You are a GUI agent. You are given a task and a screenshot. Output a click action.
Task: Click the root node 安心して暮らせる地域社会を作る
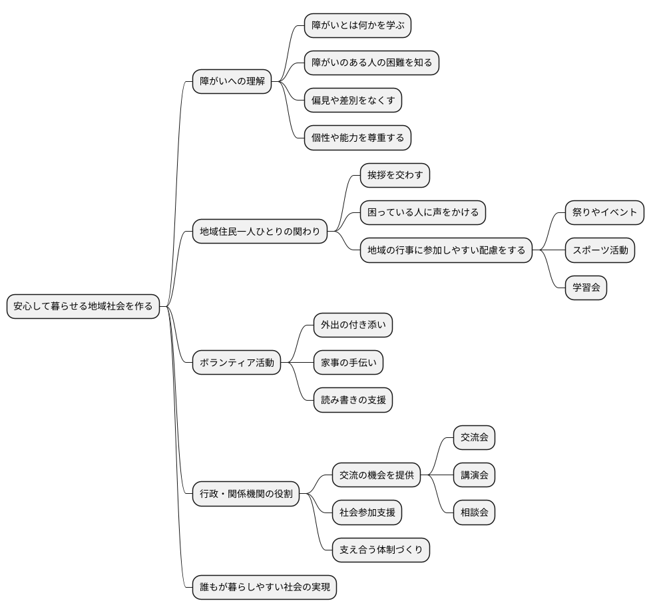pyautogui.click(x=83, y=306)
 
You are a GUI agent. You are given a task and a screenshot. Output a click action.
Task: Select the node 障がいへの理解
pyautogui.click(x=232, y=81)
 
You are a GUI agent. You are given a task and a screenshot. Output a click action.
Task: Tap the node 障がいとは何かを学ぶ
pyautogui.click(x=357, y=25)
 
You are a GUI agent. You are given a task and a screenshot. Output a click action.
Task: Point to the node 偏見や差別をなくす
pyautogui.click(x=353, y=100)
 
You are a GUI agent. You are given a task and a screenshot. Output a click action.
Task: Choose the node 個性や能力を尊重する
pyautogui.click(x=357, y=138)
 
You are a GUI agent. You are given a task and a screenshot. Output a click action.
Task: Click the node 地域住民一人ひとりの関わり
pyautogui.click(x=260, y=231)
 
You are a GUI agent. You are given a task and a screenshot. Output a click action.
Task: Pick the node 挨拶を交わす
pyautogui.click(x=395, y=175)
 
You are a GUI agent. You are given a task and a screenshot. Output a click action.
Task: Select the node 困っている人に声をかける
pyautogui.click(x=423, y=212)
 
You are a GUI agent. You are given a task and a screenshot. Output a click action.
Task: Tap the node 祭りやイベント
pyautogui.click(x=604, y=212)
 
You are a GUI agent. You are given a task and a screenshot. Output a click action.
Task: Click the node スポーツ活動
pyautogui.click(x=600, y=250)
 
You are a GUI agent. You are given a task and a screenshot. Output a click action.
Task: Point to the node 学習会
pyautogui.click(x=586, y=288)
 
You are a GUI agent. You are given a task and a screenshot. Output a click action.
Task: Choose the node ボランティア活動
pyautogui.click(x=237, y=362)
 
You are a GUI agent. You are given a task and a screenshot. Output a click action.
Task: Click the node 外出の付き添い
pyautogui.click(x=353, y=325)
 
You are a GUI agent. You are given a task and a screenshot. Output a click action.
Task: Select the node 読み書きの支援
pyautogui.click(x=353, y=400)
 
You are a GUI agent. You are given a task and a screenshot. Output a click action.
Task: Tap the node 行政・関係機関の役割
pyautogui.click(x=246, y=494)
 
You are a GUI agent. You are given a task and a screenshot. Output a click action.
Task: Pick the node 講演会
pyautogui.click(x=474, y=475)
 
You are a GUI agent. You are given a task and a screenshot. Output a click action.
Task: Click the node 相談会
pyautogui.click(x=474, y=512)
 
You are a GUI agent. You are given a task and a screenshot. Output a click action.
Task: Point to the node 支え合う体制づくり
pyautogui.click(x=381, y=550)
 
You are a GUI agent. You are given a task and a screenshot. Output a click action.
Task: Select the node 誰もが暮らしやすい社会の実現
pyautogui.click(x=264, y=587)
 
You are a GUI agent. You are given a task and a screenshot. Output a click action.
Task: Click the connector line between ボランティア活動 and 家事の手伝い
pyautogui.click(x=298, y=362)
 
